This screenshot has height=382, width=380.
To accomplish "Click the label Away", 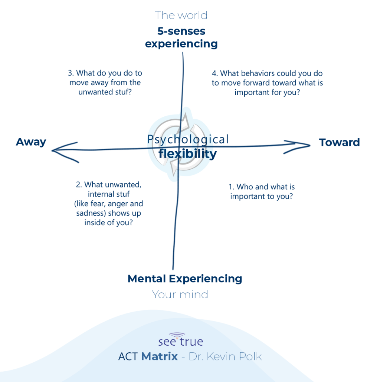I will (x=31, y=142).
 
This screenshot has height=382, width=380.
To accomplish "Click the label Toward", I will (x=339, y=142).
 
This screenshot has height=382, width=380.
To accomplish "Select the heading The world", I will (x=181, y=15).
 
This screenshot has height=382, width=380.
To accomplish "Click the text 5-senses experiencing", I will (x=181, y=37).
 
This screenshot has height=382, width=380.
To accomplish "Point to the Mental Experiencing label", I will (x=184, y=279).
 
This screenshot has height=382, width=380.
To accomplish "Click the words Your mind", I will (x=180, y=295).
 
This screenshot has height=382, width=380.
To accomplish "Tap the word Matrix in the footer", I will (x=160, y=357).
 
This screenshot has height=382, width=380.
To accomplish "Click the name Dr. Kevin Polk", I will (x=225, y=357).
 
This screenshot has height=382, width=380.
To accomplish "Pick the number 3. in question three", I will (x=71, y=73).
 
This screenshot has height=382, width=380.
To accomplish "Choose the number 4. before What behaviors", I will (x=214, y=73).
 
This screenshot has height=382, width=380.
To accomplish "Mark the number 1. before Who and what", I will (x=230, y=187).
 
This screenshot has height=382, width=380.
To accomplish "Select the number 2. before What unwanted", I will (x=78, y=184).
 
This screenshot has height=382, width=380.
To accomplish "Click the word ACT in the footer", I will (x=128, y=357).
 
